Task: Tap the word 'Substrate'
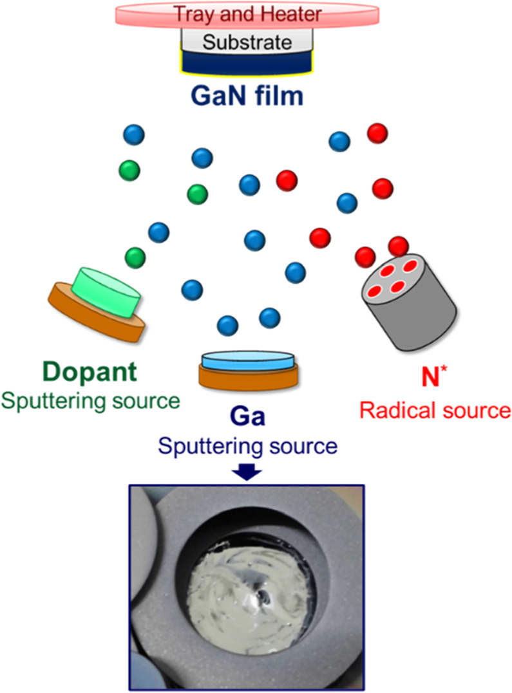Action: (247, 43)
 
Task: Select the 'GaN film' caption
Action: (247, 98)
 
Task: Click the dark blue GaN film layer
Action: (247, 64)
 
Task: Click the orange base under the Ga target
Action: (249, 378)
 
